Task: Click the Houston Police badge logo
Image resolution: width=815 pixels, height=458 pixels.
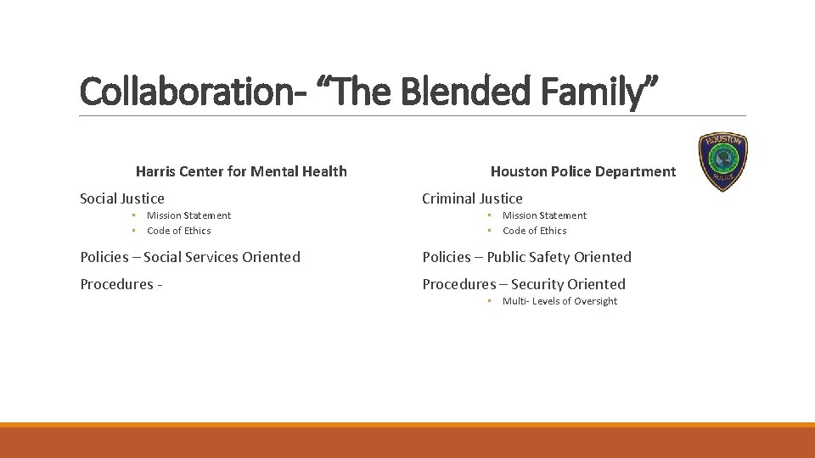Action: click(722, 161)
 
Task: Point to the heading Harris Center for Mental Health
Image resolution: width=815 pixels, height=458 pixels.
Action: click(241, 171)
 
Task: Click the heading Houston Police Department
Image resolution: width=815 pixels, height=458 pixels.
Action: click(583, 171)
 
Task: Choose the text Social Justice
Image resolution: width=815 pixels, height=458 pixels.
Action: click(122, 198)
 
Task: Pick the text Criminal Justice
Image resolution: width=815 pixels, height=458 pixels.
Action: click(472, 198)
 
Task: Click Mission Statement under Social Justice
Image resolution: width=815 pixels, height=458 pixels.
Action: click(188, 215)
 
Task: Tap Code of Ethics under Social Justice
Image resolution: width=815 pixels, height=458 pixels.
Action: click(178, 231)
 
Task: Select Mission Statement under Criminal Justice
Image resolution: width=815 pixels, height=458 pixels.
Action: click(544, 215)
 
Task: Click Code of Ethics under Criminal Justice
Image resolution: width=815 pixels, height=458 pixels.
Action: click(534, 231)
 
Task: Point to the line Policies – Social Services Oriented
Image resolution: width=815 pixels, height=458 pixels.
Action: click(190, 257)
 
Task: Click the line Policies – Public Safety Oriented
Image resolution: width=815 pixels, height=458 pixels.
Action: click(526, 257)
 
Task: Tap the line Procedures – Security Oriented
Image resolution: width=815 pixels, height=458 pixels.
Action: click(524, 284)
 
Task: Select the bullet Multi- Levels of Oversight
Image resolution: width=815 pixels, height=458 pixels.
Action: click(559, 301)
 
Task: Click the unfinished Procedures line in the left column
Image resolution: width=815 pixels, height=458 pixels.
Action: click(121, 284)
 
